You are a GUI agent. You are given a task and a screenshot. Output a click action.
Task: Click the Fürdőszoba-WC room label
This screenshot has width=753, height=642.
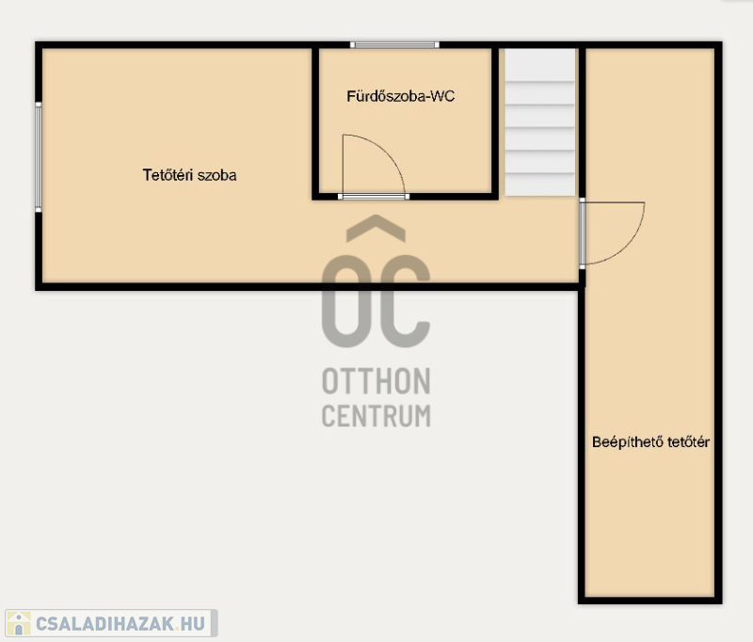pos(401,97)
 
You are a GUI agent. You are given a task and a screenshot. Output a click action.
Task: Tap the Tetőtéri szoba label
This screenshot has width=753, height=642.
pos(190,175)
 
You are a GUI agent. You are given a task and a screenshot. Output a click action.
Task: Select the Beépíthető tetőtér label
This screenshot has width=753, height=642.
pos(650,441)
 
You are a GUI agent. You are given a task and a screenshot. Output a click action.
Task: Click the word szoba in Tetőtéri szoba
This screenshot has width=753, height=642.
pos(216,175)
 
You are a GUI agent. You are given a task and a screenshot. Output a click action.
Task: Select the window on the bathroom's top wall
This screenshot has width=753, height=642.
pos(394,45)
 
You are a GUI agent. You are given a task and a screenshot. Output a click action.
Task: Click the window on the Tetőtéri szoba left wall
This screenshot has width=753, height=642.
pos(39,156)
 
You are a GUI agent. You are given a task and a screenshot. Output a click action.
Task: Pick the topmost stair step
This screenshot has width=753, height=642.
pos(540,65)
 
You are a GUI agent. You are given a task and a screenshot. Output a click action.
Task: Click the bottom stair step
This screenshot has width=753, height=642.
pos(540,185)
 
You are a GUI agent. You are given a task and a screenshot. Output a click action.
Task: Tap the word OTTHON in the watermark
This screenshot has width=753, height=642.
pos(376,381)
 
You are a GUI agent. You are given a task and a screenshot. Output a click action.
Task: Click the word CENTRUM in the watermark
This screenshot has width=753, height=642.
pos(376,416)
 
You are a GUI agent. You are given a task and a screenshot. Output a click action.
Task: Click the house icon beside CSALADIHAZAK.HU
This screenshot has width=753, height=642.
pos(18,623)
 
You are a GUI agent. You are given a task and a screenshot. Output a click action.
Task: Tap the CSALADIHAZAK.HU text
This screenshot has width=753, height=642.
pos(120,624)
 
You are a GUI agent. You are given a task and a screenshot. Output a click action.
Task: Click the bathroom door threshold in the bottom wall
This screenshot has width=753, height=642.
pos(374,197)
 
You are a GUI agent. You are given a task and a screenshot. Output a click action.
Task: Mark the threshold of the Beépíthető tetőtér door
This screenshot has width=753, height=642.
pos(582,233)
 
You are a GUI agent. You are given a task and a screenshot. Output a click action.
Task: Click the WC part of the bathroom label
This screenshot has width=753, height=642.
pos(442,97)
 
